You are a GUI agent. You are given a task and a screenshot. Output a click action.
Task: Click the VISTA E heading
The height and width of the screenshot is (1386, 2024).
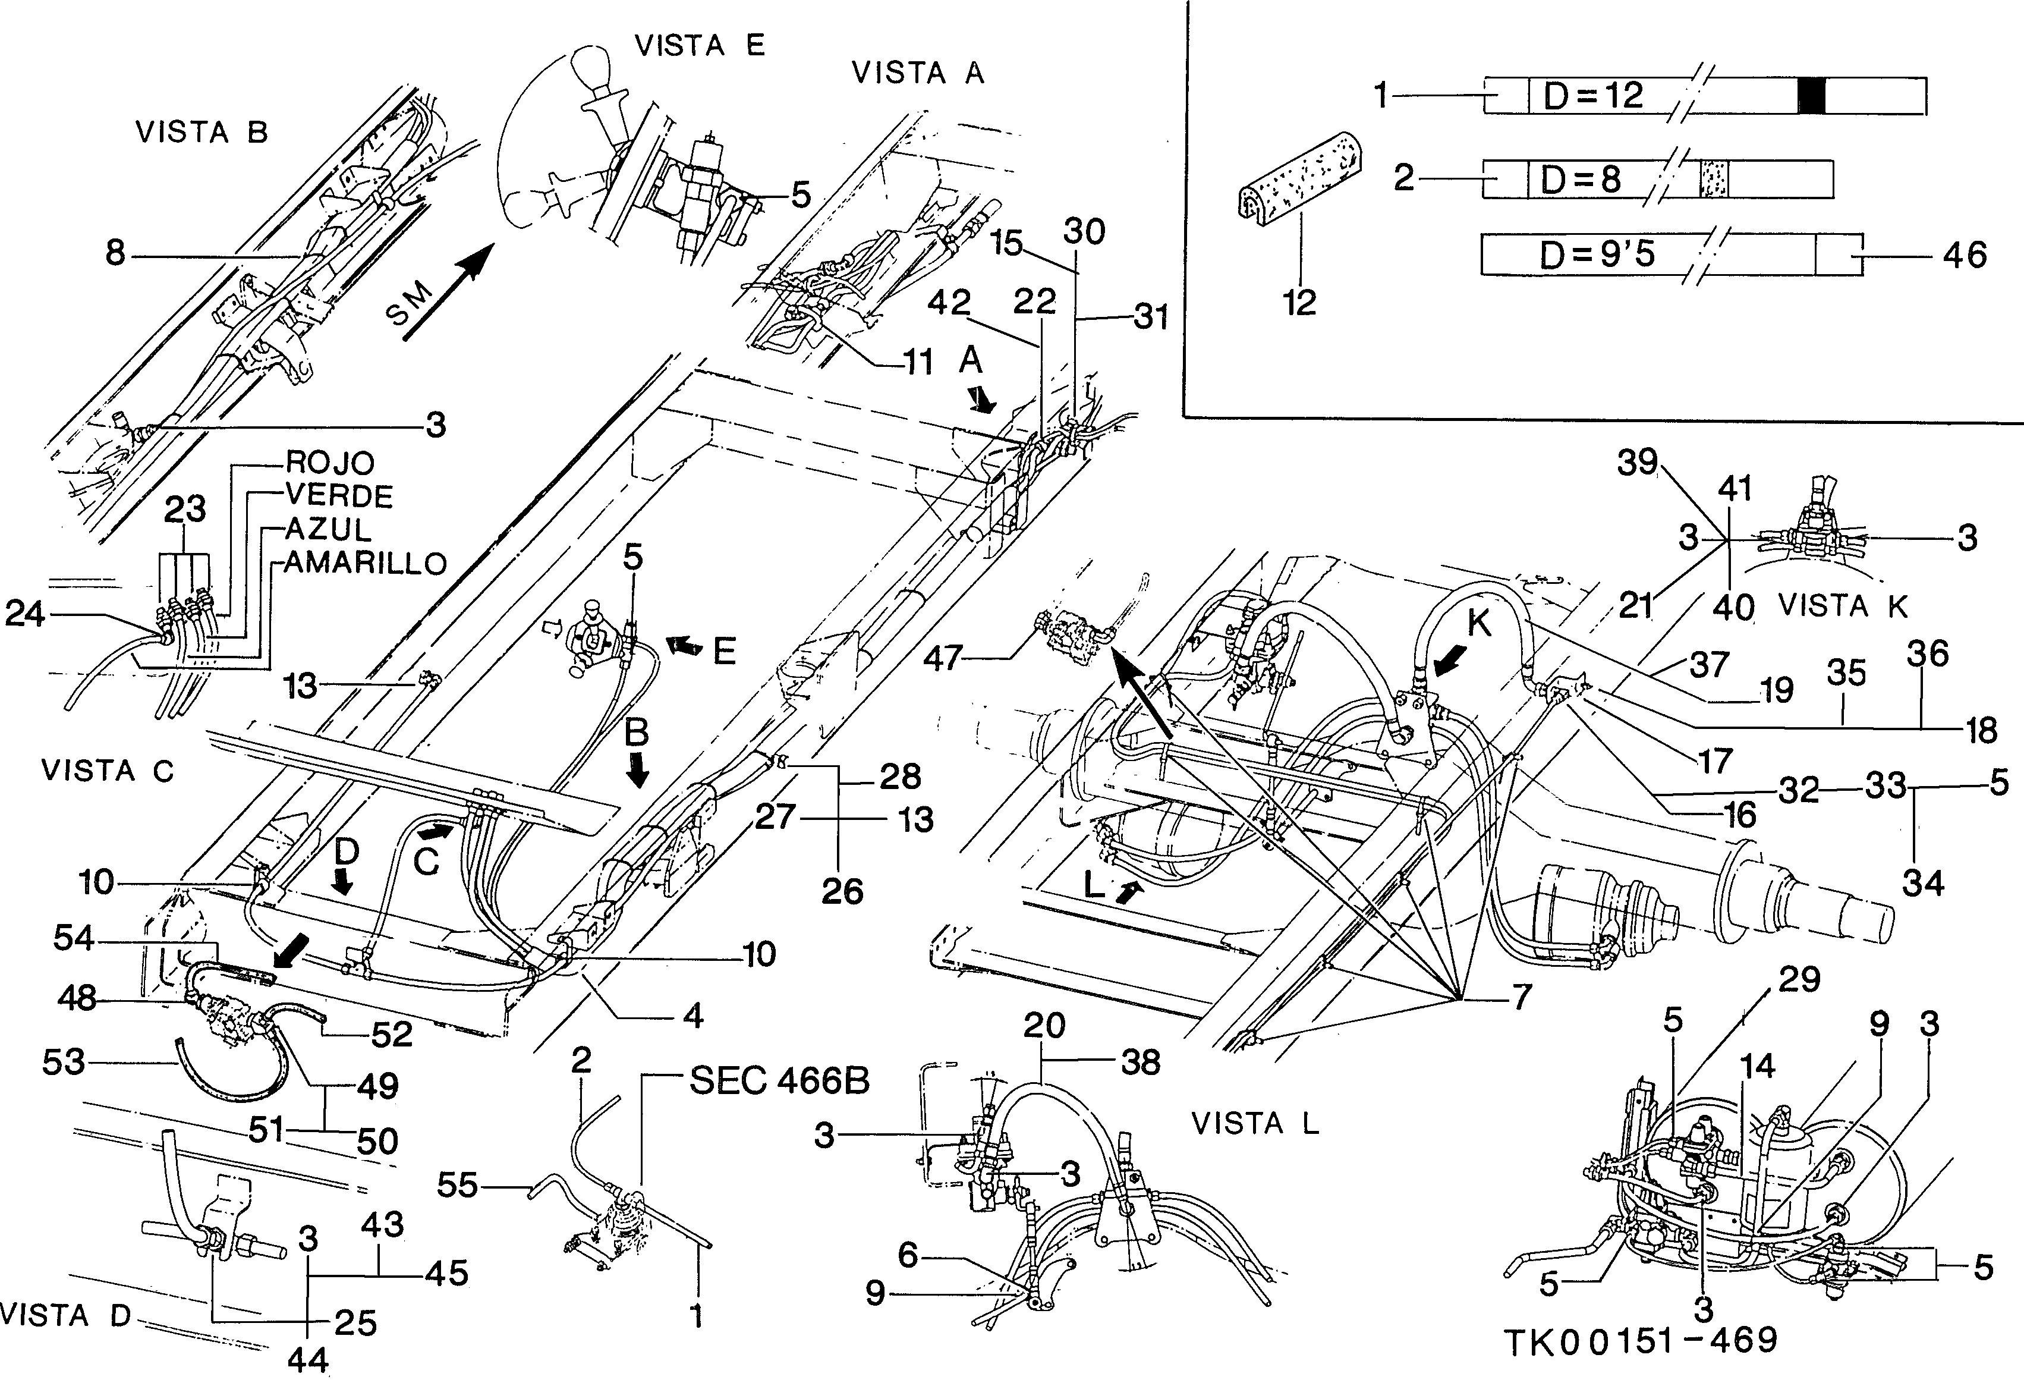click(x=700, y=45)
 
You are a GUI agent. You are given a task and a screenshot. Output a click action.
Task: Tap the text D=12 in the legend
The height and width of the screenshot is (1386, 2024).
click(x=1593, y=96)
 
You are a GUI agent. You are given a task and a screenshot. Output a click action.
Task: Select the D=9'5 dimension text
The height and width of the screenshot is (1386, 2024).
click(x=1597, y=254)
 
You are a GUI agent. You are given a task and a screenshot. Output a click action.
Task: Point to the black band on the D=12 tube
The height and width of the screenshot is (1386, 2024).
click(x=1812, y=96)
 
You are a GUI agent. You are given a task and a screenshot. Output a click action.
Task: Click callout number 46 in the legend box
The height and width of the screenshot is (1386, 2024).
click(x=1965, y=255)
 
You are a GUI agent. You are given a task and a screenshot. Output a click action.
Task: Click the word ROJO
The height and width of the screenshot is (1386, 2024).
click(x=330, y=462)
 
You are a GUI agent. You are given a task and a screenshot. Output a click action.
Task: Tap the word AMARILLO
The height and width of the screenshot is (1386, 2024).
click(x=366, y=562)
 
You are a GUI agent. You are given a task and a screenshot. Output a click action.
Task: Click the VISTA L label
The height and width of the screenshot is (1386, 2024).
click(x=1255, y=1124)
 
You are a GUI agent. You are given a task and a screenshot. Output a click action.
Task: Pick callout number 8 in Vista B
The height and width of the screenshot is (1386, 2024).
click(x=116, y=254)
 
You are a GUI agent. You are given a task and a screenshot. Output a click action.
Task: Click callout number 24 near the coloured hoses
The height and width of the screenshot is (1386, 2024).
click(x=24, y=614)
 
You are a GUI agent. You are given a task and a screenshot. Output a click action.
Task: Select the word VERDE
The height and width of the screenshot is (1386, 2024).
click(x=339, y=496)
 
